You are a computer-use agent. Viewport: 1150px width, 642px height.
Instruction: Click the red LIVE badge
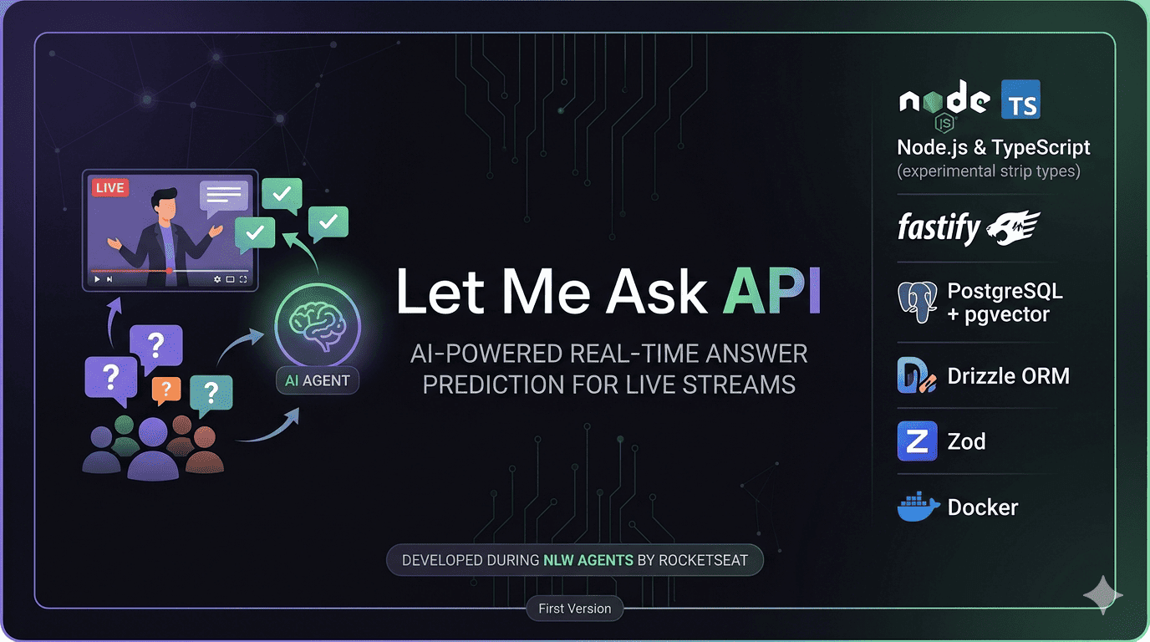[x=109, y=188]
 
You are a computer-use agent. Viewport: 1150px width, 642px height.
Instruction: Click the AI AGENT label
[x=318, y=380]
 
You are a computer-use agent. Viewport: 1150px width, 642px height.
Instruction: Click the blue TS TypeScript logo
[x=1020, y=101]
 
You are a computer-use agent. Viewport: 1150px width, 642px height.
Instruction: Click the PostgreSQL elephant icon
[x=917, y=302]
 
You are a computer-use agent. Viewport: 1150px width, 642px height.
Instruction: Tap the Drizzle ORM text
[x=1008, y=376]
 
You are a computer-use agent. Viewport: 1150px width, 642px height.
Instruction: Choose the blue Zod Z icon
[x=917, y=441]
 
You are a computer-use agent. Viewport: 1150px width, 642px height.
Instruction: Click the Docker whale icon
[x=918, y=507]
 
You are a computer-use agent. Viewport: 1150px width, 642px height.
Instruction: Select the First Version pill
[x=575, y=609]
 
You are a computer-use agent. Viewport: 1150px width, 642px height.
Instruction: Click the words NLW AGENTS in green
[x=588, y=560]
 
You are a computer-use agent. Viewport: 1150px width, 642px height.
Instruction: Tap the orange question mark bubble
[x=166, y=389]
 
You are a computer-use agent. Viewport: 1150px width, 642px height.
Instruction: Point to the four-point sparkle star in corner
[x=1102, y=594]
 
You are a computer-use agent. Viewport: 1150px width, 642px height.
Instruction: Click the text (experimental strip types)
[x=989, y=171]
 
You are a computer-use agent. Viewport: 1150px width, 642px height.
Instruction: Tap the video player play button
[x=98, y=279]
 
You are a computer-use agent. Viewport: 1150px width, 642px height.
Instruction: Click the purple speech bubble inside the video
[x=223, y=196]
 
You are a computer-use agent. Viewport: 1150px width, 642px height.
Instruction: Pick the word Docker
[x=983, y=507]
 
